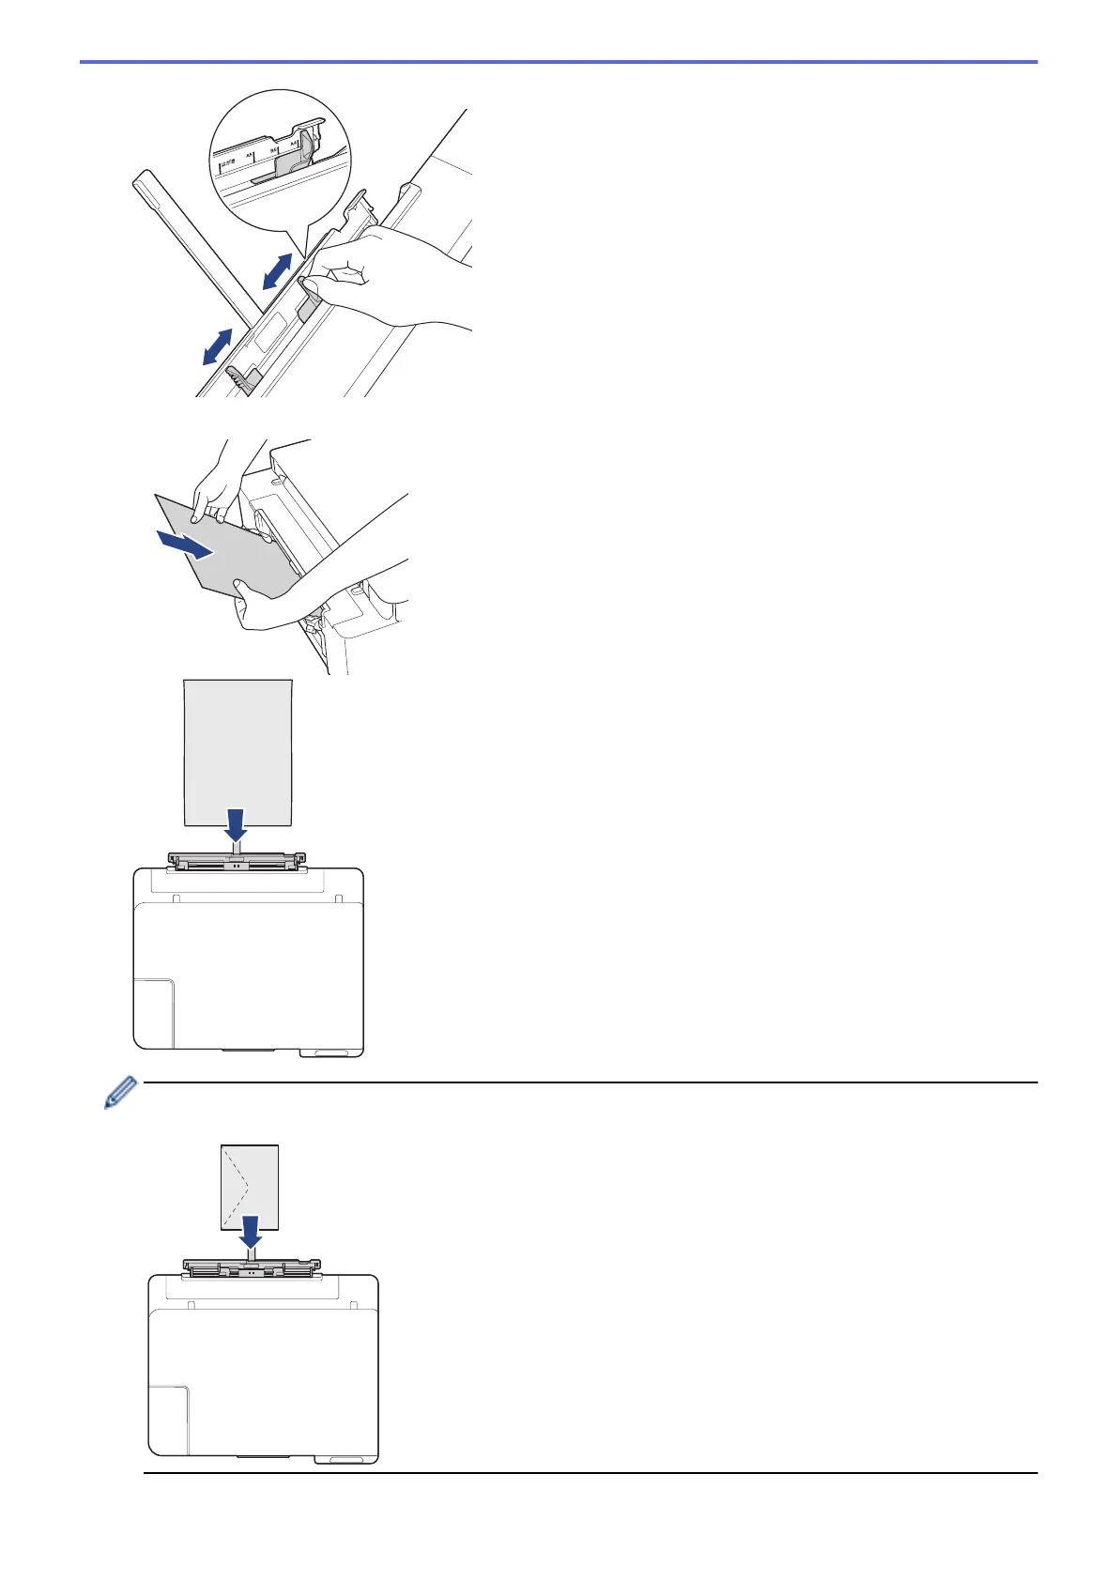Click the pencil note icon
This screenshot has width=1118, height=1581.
(120, 1093)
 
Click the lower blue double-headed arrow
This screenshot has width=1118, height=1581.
(218, 346)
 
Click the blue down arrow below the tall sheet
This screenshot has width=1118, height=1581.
(237, 824)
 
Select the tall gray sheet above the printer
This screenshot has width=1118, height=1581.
(237, 751)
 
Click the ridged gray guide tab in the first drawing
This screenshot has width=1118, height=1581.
(240, 380)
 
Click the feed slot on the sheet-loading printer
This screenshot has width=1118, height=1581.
(237, 860)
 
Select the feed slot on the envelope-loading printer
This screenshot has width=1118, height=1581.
(252, 1269)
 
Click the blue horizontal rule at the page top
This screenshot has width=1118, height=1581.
(559, 62)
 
